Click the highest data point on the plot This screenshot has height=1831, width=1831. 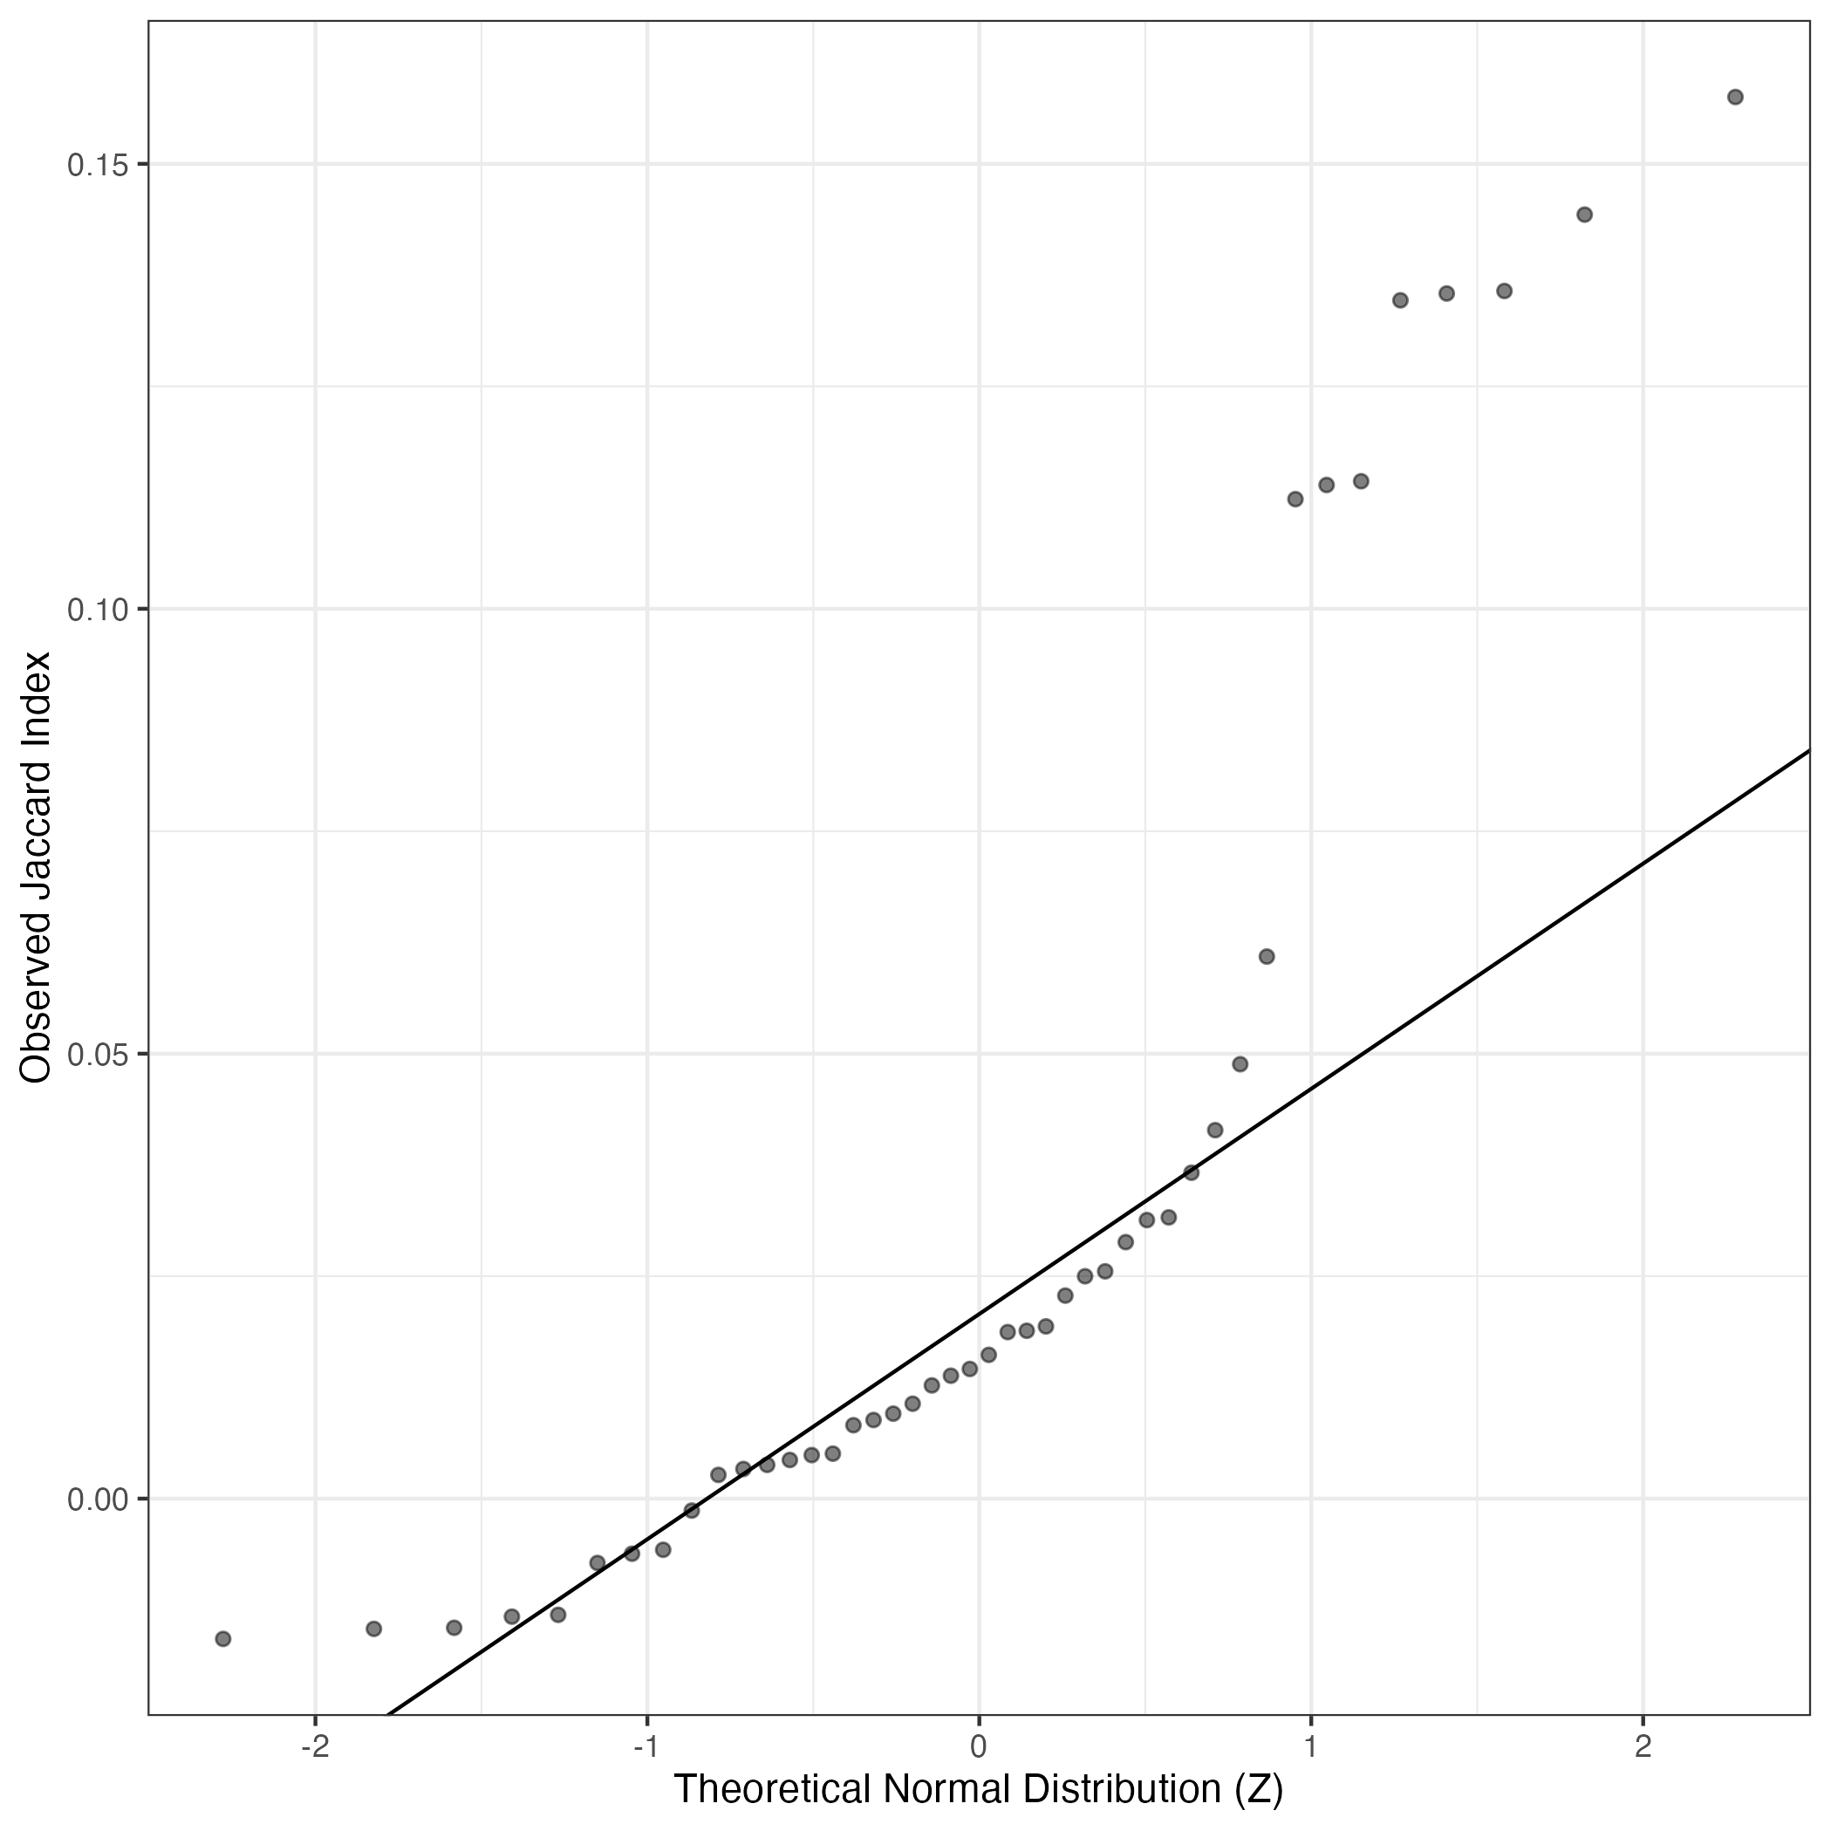1735,97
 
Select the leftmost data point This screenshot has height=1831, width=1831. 222,1638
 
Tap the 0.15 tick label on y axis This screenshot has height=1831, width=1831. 97,165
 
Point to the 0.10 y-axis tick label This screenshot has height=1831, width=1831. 97,610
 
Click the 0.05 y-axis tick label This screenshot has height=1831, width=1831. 97,1054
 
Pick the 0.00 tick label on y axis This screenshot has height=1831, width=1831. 97,1499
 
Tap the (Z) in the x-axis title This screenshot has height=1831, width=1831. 1259,1789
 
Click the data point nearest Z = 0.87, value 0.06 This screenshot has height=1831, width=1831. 1266,956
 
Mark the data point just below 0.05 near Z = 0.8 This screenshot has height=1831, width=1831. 1240,1063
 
